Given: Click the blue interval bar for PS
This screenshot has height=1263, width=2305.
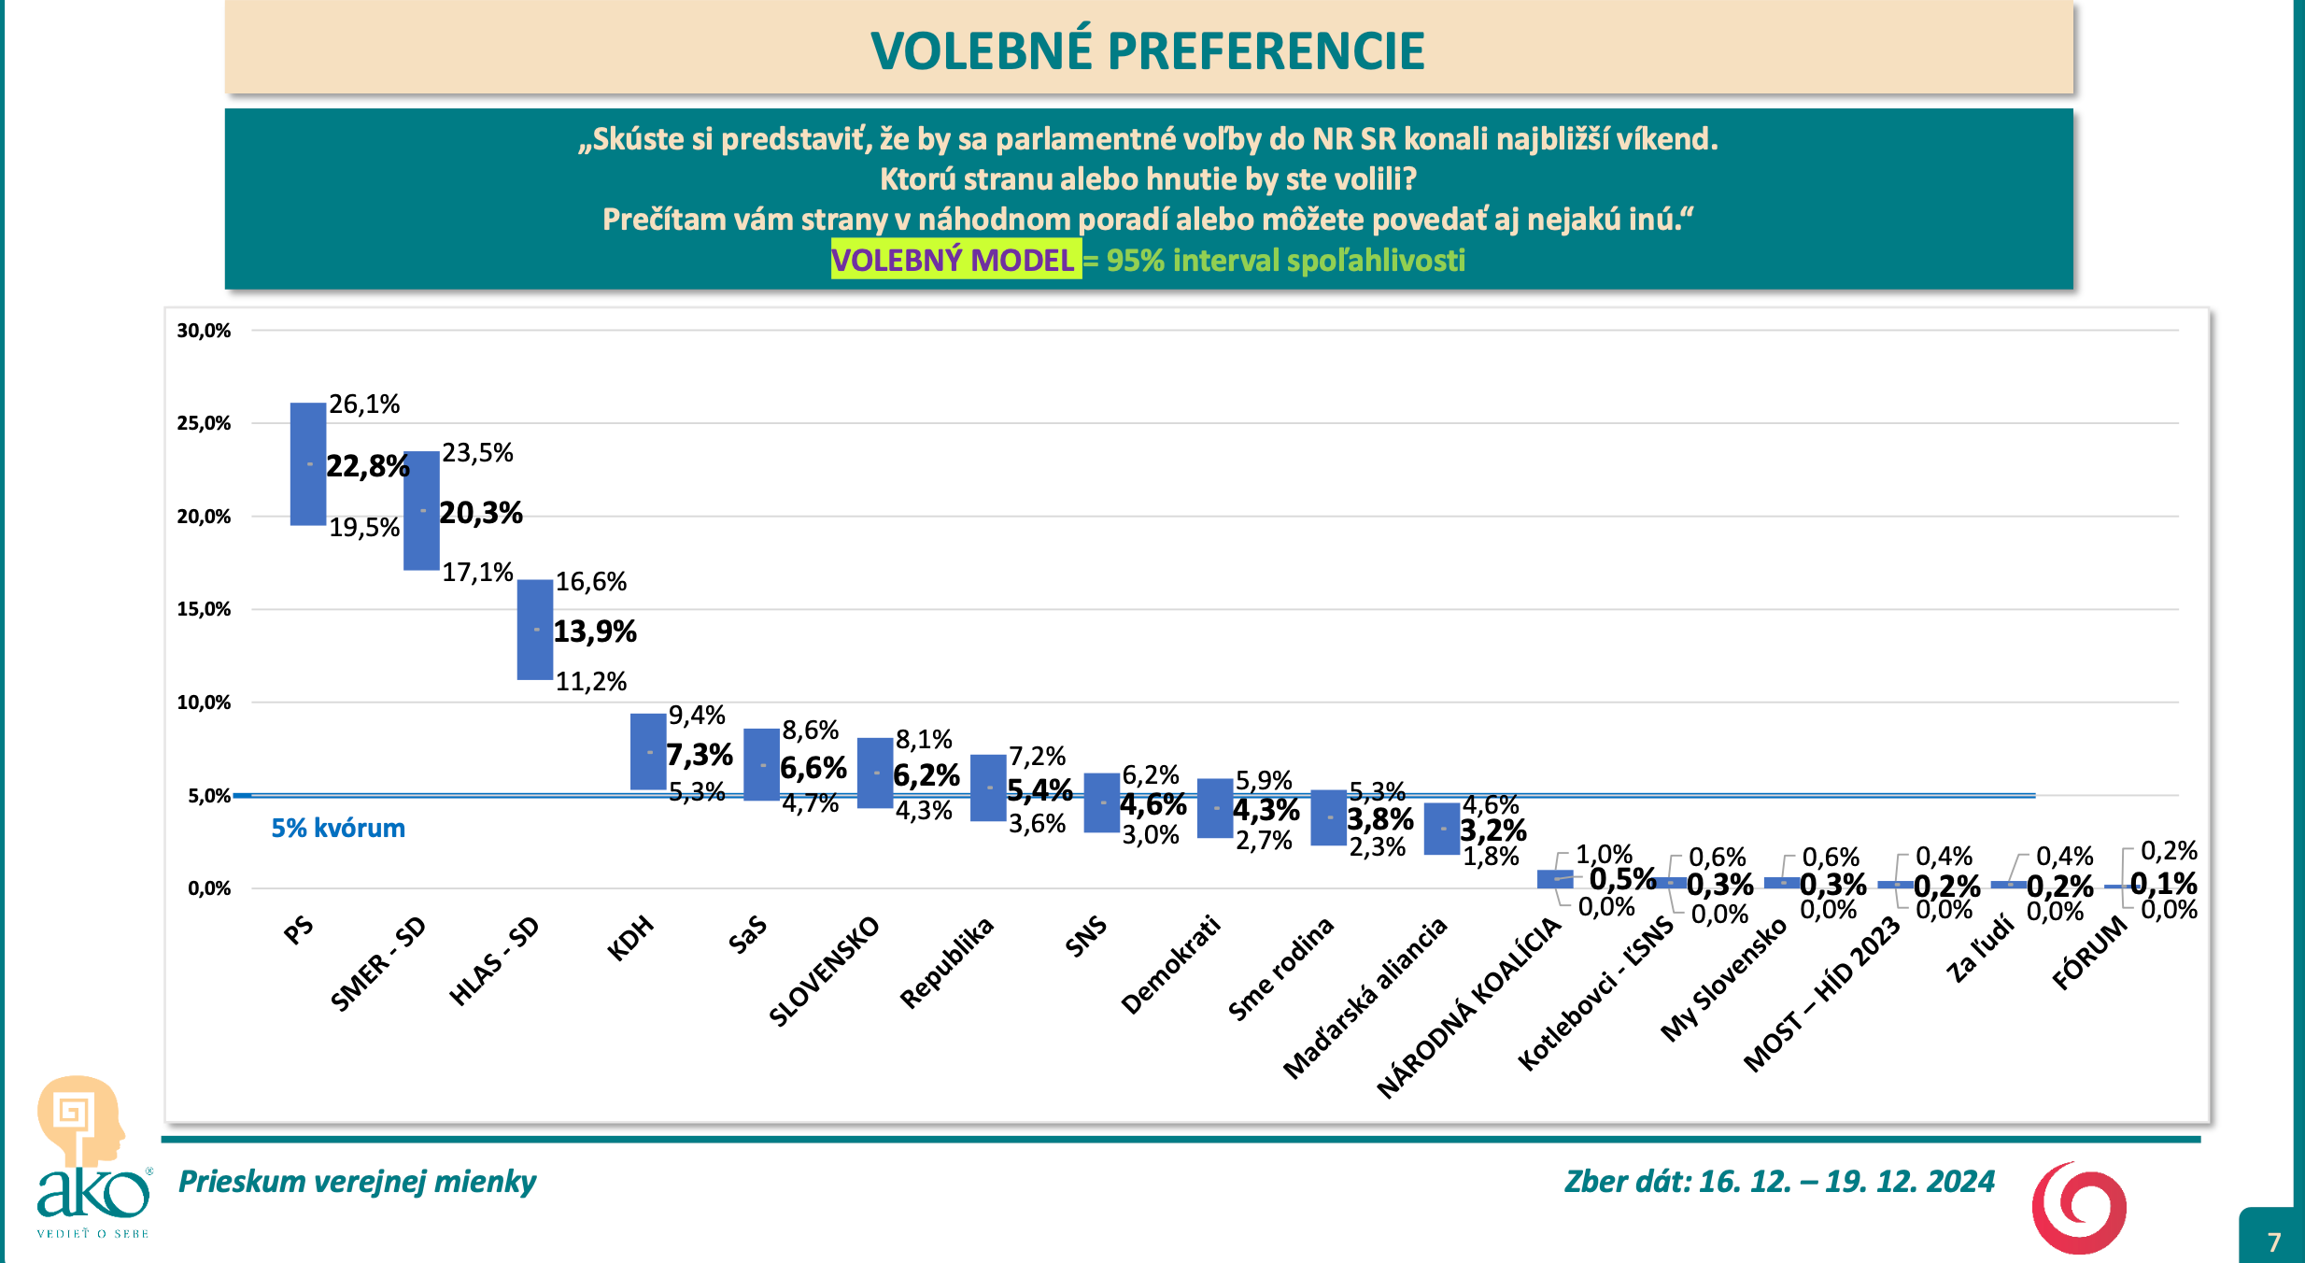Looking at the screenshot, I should pos(308,463).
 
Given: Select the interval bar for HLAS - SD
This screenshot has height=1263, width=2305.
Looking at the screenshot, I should pos(535,630).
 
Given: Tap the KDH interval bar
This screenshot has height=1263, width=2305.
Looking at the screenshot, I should pos(648,752).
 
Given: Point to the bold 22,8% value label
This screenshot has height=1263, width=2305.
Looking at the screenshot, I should pos(368,465).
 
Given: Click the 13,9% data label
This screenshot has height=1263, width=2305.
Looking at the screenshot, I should pos(595,631).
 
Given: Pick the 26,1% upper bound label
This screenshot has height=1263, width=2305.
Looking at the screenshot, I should pos(364,404).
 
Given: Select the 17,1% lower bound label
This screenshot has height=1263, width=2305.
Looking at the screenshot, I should pos(477,572).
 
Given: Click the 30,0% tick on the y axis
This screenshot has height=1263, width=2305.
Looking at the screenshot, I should pos(204,331).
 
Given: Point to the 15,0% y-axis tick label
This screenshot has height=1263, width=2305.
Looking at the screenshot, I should pos(204,609).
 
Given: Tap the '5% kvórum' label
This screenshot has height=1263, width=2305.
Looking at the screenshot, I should pos(338,829).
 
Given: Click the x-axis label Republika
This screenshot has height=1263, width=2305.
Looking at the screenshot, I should pos(946,964).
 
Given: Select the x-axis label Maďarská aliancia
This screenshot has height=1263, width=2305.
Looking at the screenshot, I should pos(1365,998).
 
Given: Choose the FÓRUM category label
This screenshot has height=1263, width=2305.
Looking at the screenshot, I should pos(2089,953).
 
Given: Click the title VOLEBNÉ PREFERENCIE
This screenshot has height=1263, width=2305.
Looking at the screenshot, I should pos(1148,50).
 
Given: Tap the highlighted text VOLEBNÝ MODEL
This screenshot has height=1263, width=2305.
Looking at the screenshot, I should pos(954,260).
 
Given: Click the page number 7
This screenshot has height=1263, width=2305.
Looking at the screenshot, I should pos(2274,1242).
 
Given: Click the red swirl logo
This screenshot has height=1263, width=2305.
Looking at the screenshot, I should pos(2079,1208).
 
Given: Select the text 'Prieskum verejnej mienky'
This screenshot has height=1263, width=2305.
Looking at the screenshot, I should pos(358,1182).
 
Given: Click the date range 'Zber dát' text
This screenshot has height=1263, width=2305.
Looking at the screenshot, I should pos(1779,1182).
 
